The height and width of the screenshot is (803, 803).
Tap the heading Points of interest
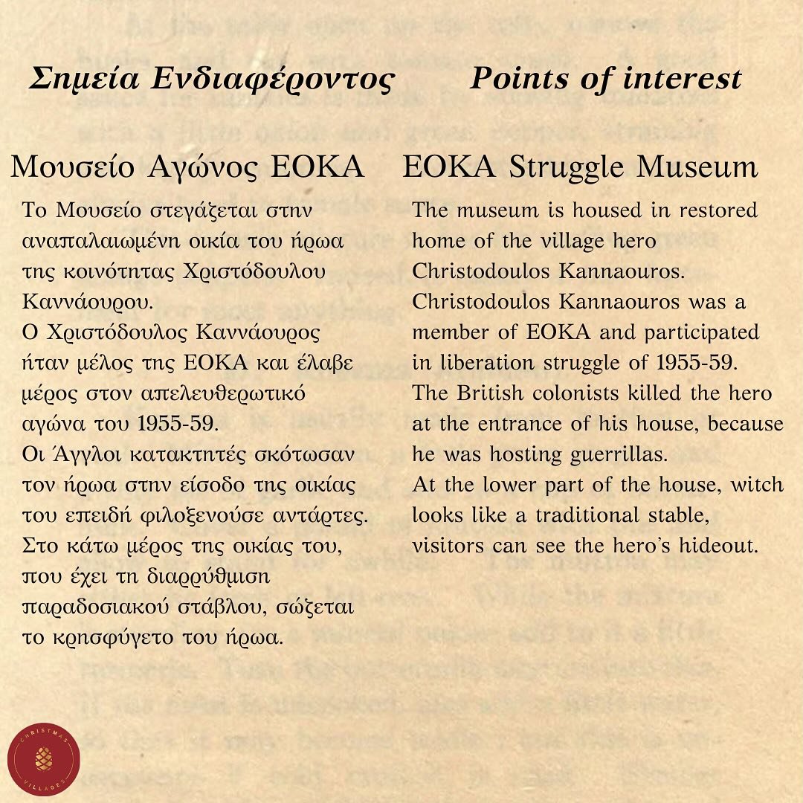pos(605,79)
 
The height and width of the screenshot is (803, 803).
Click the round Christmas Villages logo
pos(44,758)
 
